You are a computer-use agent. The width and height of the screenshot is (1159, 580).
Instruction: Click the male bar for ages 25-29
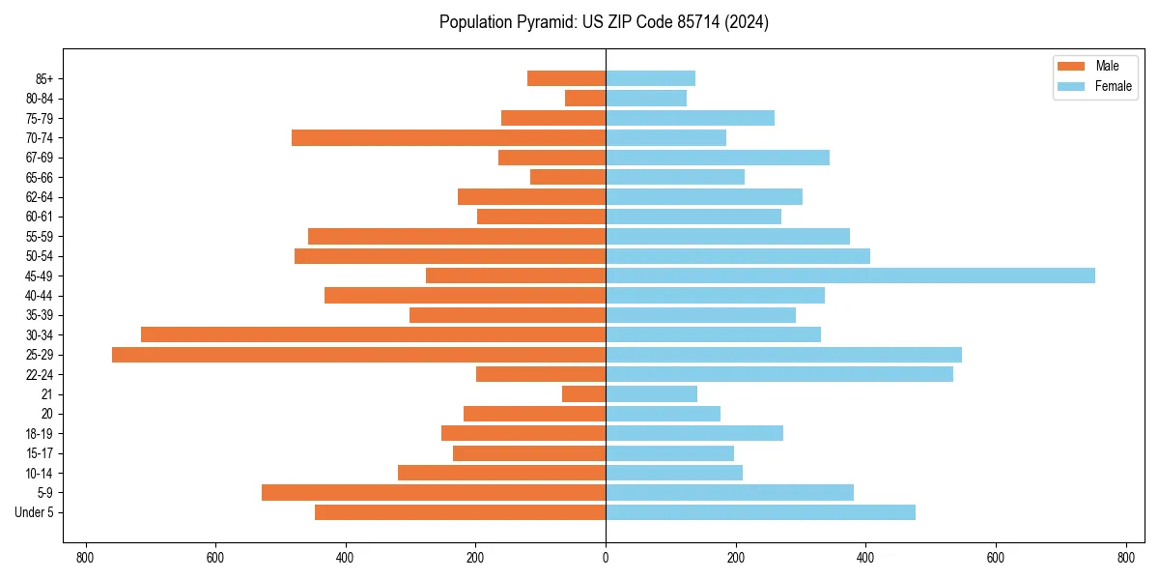[x=358, y=355]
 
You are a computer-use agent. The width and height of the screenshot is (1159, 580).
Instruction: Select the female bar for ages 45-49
[x=850, y=275]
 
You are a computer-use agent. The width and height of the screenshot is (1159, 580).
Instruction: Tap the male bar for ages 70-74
[x=448, y=138]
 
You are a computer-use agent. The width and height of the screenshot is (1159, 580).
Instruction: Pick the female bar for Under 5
[x=760, y=512]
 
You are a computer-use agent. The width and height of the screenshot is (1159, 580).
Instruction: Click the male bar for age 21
[x=583, y=394]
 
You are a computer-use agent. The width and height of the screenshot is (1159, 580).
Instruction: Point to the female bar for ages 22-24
[x=778, y=374]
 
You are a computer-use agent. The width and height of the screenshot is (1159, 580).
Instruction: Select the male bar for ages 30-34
[x=373, y=334]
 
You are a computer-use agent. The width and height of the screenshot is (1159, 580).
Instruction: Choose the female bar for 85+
[x=650, y=78]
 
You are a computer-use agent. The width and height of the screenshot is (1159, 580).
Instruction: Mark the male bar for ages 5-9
[x=434, y=493]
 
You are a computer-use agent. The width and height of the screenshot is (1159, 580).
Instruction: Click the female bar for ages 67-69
[x=717, y=158]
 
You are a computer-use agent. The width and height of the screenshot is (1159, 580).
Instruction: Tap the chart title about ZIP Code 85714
[x=604, y=22]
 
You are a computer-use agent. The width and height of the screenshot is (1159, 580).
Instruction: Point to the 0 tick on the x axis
[x=606, y=558]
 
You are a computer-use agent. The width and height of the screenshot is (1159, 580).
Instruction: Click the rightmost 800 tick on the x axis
[x=1125, y=558]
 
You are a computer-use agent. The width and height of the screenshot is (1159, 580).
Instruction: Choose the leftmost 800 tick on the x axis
[x=86, y=558]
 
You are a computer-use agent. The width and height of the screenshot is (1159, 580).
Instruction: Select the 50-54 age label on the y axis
[x=40, y=256]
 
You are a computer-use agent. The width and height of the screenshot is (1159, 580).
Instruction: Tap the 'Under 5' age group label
[x=35, y=512]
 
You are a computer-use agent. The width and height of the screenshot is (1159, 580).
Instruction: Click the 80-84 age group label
[x=40, y=99]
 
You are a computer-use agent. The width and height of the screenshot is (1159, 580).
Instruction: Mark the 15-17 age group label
[x=40, y=453]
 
